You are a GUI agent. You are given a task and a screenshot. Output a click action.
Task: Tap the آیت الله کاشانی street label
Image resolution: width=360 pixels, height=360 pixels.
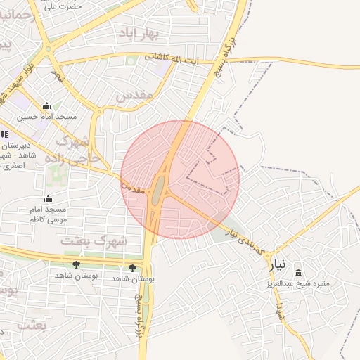coord(172,59)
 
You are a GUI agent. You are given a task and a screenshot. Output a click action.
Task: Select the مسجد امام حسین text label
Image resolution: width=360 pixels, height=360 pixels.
coord(47,117)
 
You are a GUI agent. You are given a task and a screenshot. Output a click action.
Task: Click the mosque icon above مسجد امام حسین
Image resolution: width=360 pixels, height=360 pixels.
coord(47,105)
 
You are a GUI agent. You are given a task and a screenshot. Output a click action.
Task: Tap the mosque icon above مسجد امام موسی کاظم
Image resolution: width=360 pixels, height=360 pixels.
coord(48,199)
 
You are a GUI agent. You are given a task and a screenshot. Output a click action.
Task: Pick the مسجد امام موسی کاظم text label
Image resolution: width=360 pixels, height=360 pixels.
coord(48,214)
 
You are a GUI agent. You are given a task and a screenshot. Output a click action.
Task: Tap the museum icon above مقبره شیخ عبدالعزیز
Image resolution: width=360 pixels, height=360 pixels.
coord(299,273)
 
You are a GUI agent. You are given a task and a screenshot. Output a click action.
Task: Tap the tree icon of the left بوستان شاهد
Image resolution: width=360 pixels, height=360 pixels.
coord(76,264)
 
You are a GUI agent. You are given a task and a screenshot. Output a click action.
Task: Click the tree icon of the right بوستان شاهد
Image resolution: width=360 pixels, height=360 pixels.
coord(132,267)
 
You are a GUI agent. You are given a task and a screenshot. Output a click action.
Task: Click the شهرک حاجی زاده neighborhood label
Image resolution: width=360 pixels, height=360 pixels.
coord(71,149)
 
